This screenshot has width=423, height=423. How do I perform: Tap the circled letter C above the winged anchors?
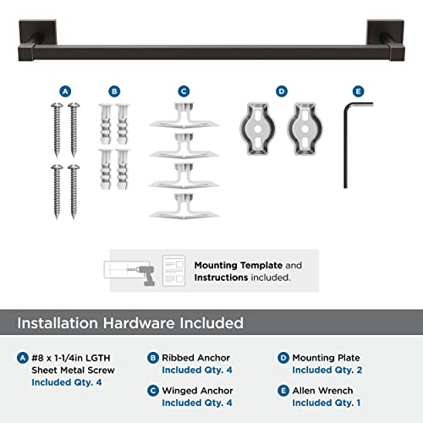coord(184,91)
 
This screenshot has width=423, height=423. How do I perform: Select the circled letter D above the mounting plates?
coord(282,91)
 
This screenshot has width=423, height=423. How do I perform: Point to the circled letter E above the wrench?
coord(358,91)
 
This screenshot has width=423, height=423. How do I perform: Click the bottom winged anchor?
coord(184,206)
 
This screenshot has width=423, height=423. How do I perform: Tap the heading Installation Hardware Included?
coord(131,322)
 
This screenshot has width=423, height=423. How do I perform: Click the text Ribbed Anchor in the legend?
coord(195,358)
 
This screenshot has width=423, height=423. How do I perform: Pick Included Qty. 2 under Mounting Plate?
coord(327,371)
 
